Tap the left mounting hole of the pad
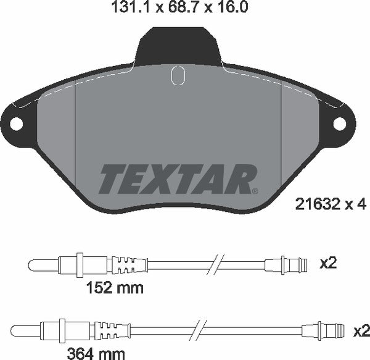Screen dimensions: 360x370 (16, 124)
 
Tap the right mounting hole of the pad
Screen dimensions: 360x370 (340, 124)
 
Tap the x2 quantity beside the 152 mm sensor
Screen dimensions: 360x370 (329, 264)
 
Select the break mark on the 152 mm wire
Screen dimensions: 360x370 (216, 266)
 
